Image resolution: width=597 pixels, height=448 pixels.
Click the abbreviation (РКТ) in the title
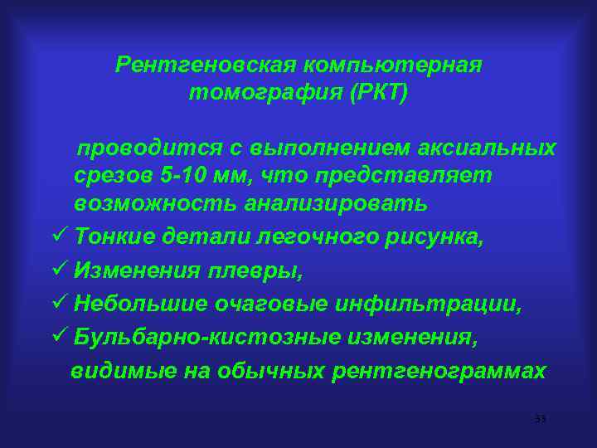tap(379, 93)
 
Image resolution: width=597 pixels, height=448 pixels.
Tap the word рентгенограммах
tap(439, 371)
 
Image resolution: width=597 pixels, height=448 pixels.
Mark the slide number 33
tap(540, 419)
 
